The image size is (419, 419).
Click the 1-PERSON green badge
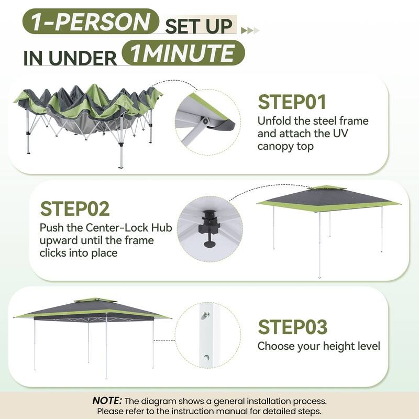(x=91, y=21)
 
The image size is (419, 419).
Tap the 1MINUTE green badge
(x=183, y=53)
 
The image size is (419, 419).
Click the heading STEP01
(x=292, y=102)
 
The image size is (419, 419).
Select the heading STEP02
(x=75, y=208)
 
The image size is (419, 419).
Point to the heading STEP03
(x=293, y=327)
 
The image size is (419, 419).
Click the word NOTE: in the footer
(x=107, y=401)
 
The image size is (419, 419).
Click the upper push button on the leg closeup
(x=205, y=315)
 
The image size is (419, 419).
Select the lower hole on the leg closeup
(x=206, y=357)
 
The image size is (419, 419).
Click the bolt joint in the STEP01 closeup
(x=205, y=121)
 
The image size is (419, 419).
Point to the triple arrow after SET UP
(x=250, y=30)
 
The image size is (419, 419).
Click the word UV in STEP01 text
(x=340, y=134)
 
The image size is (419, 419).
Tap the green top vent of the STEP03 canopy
(x=95, y=300)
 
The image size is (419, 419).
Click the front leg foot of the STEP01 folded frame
(x=121, y=167)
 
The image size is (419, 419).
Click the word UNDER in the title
(x=83, y=58)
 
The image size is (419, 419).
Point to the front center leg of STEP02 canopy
(x=319, y=245)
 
